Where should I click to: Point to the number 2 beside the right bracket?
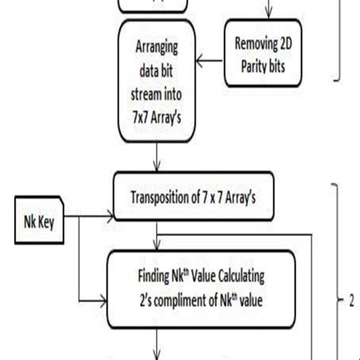[x=352, y=300]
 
